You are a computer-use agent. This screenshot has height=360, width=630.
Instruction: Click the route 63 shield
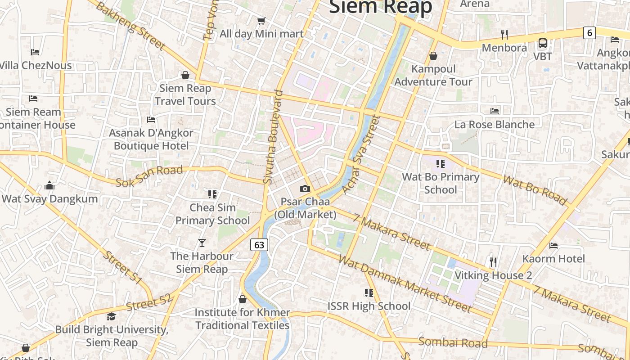259,245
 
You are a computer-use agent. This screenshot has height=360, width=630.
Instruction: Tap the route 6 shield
589,32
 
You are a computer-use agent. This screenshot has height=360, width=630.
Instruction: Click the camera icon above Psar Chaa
305,189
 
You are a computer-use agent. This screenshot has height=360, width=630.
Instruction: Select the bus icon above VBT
543,43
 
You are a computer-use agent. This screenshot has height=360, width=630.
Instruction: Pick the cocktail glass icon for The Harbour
202,243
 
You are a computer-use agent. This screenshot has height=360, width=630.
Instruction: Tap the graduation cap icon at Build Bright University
111,316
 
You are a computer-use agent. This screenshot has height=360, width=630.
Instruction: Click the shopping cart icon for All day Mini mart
261,20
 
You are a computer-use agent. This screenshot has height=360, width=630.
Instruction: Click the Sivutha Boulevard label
274,137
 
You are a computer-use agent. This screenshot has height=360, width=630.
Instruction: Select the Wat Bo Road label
535,189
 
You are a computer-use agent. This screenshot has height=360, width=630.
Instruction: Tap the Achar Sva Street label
361,154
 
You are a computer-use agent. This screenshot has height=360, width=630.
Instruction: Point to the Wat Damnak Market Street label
404,283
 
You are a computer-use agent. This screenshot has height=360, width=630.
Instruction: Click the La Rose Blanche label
495,124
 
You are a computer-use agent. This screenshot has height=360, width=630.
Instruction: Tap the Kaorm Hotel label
553,259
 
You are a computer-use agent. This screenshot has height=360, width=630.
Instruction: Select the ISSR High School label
369,306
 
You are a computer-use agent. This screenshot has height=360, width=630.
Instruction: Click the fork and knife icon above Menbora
504,34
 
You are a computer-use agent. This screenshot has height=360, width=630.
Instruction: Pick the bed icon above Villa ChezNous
36,52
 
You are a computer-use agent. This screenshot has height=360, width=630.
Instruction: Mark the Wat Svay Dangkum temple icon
49,185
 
